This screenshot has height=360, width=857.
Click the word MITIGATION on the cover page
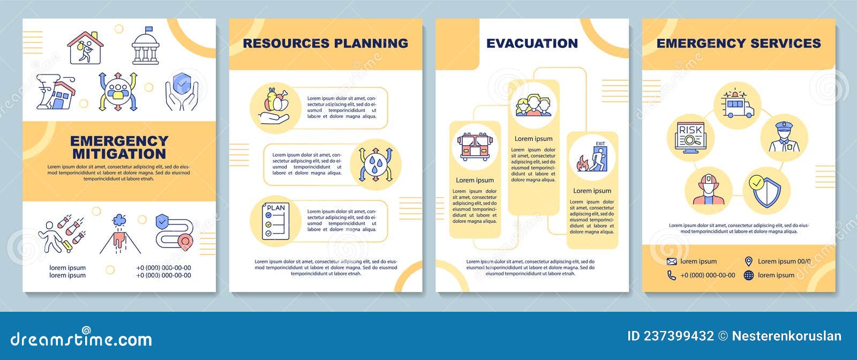pos(119,154)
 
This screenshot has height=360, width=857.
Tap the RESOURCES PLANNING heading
pos(325,43)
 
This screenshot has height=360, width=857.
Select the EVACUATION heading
pos(532,43)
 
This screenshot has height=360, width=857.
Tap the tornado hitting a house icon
pos(56,92)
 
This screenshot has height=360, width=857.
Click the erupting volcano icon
pos(120,234)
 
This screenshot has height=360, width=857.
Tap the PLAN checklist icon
pos(276,221)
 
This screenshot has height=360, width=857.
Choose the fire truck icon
pos(474,146)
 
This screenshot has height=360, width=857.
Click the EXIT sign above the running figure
pos(600,144)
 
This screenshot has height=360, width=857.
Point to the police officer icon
pos(784,137)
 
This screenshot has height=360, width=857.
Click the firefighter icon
pos(708,190)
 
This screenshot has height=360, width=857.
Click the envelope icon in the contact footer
pos(672,261)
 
